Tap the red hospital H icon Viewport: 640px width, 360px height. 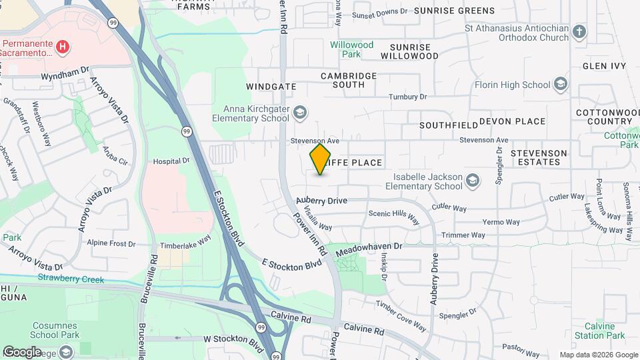(62, 47)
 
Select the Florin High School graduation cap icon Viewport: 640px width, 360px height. (561, 85)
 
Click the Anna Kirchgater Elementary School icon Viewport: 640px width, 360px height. (299, 112)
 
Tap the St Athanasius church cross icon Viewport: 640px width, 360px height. (579, 31)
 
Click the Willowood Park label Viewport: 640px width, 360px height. (351, 49)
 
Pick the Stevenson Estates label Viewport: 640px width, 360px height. (539, 157)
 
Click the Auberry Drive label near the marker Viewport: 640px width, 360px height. (322, 200)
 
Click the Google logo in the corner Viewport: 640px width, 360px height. (22, 351)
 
